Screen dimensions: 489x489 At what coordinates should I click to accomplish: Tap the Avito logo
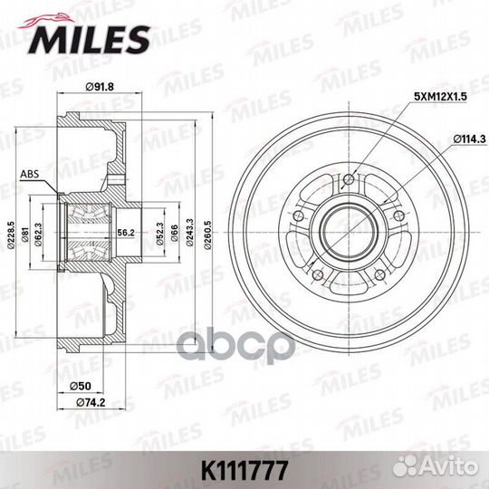click(449, 469)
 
